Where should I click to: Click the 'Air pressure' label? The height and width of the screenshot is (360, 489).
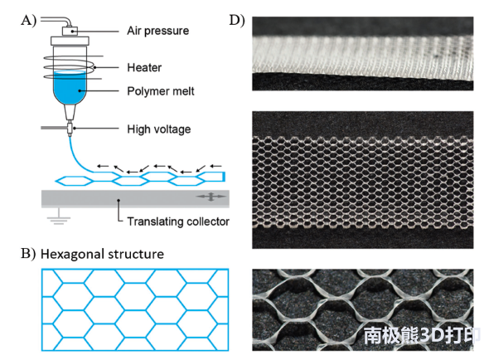(157, 31)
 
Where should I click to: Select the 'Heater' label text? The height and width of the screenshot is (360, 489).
(144, 67)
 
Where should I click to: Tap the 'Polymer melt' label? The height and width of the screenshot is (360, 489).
(160, 91)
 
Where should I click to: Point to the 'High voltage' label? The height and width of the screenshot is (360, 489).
(159, 129)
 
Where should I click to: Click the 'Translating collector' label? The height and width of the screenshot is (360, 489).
(178, 221)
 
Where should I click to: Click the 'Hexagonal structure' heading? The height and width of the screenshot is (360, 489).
(102, 254)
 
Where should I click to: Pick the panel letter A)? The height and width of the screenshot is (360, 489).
(29, 21)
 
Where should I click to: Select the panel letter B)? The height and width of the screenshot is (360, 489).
(28, 254)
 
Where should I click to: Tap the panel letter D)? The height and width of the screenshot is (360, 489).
(237, 21)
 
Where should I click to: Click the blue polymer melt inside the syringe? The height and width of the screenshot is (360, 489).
(70, 88)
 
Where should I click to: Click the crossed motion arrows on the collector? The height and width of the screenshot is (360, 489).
(211, 197)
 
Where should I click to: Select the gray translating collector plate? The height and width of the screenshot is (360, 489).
(135, 198)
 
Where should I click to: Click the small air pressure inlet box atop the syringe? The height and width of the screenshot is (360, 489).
(70, 32)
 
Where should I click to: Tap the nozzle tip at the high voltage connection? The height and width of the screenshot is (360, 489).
(70, 129)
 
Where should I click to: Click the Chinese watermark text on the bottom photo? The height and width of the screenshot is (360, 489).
(422, 336)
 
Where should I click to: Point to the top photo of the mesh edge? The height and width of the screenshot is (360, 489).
(363, 54)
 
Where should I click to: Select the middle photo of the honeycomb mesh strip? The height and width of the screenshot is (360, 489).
(363, 180)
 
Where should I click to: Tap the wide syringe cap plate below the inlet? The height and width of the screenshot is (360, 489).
(70, 41)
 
